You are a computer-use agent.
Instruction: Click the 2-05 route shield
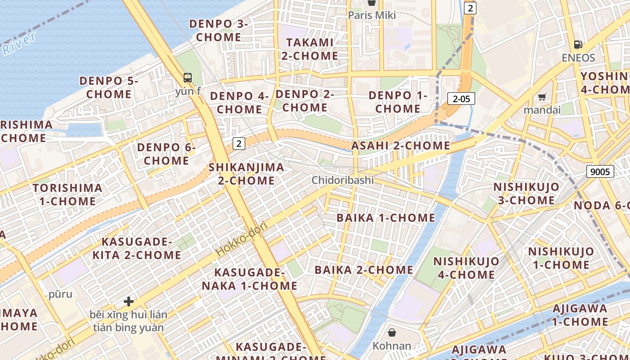(x=461, y=99)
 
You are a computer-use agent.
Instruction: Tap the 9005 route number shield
(x=600, y=171)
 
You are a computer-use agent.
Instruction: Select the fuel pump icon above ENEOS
(x=578, y=44)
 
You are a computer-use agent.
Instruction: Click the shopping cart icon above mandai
(x=542, y=97)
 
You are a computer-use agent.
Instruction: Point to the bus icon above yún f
(x=188, y=77)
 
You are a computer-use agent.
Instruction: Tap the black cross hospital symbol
(x=129, y=301)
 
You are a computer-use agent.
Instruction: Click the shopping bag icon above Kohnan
(x=392, y=333)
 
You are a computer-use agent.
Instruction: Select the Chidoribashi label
(x=343, y=180)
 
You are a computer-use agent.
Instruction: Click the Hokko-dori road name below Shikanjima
(x=242, y=239)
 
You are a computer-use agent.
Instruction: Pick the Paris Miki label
(x=372, y=15)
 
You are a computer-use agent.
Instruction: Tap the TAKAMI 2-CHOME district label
(x=310, y=49)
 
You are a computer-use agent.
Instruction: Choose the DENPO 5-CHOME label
(x=109, y=87)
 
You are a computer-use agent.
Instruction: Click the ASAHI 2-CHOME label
(x=400, y=145)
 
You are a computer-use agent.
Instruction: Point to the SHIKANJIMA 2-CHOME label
(x=246, y=174)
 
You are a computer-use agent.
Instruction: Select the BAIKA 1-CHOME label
(x=386, y=218)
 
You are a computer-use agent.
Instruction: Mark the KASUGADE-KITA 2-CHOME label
(x=137, y=248)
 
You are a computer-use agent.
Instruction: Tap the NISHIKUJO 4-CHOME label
(x=466, y=268)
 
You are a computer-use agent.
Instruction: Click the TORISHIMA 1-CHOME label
(x=67, y=194)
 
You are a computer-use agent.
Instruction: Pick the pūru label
(x=60, y=294)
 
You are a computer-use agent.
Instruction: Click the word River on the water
(x=18, y=45)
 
